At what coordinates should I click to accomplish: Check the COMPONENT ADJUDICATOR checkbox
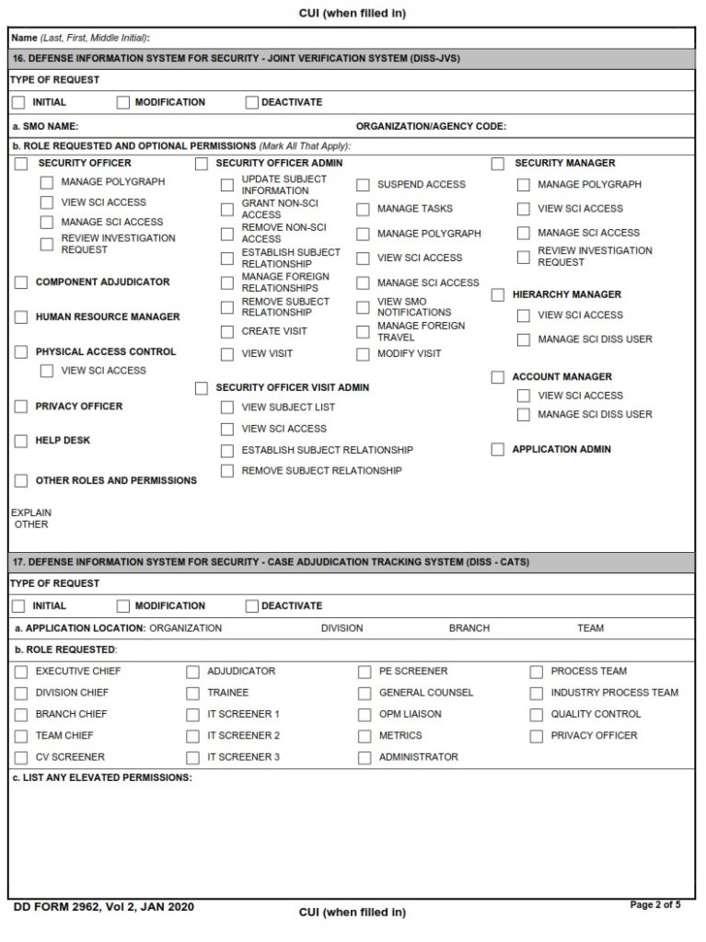click(21, 282)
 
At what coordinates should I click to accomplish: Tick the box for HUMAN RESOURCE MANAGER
click(21, 317)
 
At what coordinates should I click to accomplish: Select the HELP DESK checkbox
click(21, 442)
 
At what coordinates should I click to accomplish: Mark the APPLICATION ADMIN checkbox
click(498, 450)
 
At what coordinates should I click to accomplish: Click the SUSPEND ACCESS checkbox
click(364, 185)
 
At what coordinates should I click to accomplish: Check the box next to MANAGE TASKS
click(364, 210)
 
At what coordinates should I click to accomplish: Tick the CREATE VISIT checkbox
click(227, 332)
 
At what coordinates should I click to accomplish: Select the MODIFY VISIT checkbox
click(364, 354)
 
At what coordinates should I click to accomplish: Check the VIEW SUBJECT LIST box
click(227, 408)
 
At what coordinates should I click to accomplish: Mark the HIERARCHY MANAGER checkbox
click(498, 295)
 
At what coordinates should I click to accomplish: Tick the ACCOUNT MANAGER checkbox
click(498, 377)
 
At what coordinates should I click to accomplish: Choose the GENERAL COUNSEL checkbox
click(365, 694)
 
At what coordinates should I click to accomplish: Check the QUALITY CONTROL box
click(537, 715)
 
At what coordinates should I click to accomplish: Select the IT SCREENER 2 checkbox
click(192, 736)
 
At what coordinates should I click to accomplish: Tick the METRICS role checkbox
click(365, 736)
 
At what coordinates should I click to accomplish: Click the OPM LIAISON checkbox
click(365, 715)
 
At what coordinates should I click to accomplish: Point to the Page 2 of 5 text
click(655, 905)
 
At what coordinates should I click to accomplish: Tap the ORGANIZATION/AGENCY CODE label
click(431, 127)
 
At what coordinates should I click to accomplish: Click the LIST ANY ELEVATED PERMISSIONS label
click(102, 777)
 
